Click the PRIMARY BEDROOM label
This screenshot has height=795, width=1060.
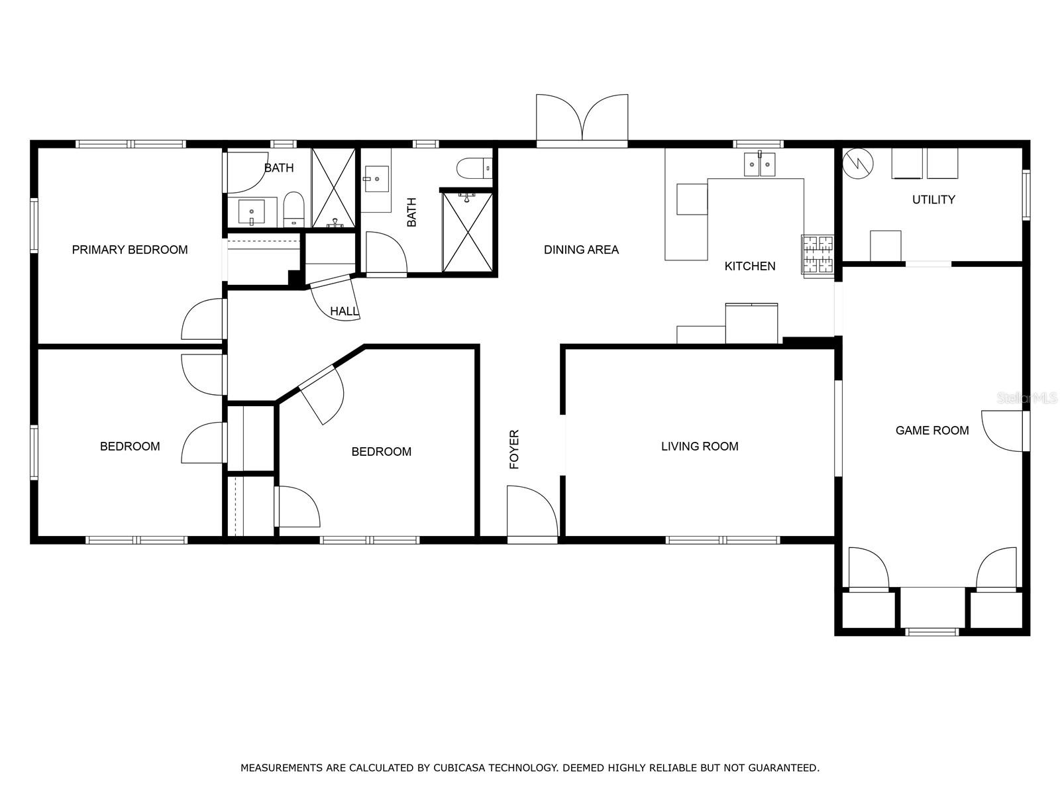[x=129, y=250]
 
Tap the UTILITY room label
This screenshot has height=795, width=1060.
[x=933, y=199]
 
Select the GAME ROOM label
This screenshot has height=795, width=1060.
[x=931, y=430]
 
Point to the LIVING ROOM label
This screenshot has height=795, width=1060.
[x=699, y=446]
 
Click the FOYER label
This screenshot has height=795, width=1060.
[x=514, y=449]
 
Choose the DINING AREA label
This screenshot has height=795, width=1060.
[x=581, y=250]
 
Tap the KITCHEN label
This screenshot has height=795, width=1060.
[x=749, y=266]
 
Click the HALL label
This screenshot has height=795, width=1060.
[x=344, y=311]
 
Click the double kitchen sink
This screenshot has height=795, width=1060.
[x=759, y=164]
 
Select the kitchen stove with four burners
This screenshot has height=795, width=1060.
[x=818, y=256]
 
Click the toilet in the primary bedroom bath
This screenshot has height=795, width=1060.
[x=293, y=209]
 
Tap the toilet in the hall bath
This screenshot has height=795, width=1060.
[x=474, y=168]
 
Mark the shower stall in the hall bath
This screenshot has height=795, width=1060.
[x=468, y=232]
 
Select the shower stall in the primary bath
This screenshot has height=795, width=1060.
[x=333, y=187]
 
